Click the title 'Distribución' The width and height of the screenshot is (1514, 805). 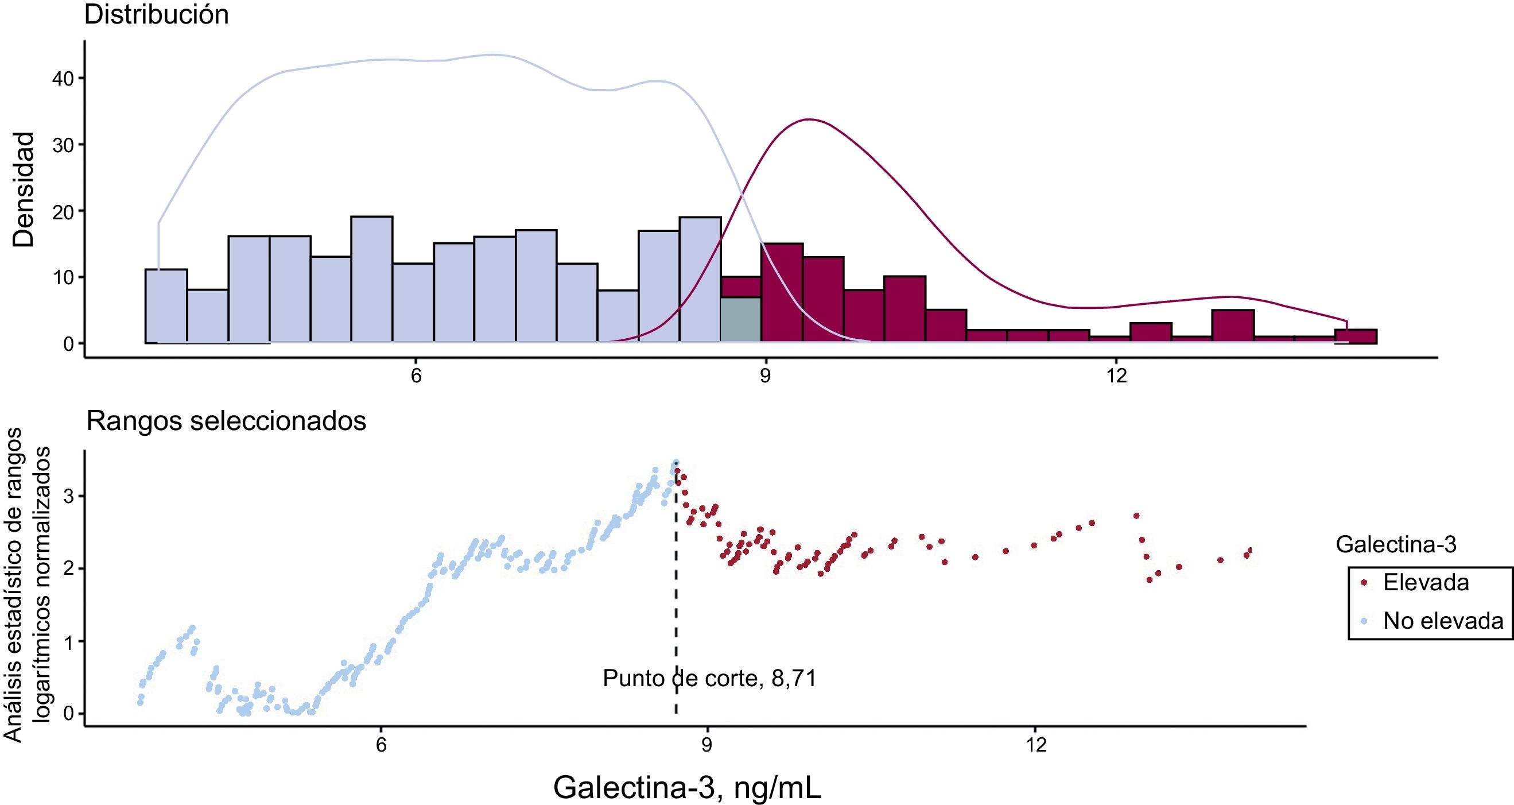click(156, 15)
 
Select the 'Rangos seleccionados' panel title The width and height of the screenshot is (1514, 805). click(226, 421)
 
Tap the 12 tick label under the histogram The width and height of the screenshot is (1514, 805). click(1116, 375)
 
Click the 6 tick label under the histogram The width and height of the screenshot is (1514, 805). click(416, 375)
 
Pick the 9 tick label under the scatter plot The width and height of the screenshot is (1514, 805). click(707, 745)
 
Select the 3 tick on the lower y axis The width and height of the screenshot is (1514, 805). click(69, 496)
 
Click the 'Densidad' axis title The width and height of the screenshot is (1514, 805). click(24, 189)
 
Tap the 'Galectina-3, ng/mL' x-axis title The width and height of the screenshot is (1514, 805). click(687, 787)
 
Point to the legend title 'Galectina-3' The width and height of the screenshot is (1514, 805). click(1396, 544)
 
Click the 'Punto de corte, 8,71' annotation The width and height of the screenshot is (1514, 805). click(709, 679)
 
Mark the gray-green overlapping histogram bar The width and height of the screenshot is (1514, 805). click(740, 319)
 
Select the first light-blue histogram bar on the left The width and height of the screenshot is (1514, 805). click(166, 306)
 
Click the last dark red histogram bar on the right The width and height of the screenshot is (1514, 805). click(1356, 336)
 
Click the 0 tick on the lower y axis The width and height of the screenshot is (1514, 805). click(69, 714)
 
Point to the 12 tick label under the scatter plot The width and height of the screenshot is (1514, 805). click(1036, 745)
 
